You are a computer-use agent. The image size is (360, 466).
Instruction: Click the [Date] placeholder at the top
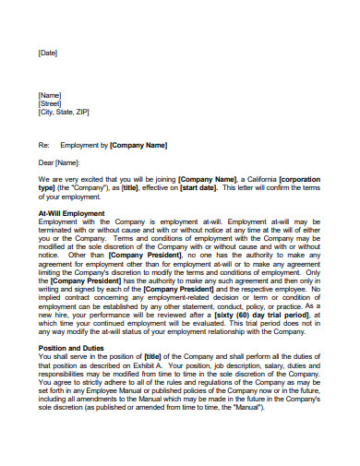tap(48, 53)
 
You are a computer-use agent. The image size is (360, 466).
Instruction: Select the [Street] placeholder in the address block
tap(51, 103)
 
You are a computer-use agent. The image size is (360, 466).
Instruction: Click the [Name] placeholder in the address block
tap(50, 95)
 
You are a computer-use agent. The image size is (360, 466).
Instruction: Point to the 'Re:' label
tap(42, 145)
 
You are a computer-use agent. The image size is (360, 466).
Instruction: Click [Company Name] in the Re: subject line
tap(138, 145)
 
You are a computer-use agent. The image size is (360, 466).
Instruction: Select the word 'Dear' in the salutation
tap(47, 162)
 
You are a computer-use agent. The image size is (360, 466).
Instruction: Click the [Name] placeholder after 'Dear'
tap(68, 162)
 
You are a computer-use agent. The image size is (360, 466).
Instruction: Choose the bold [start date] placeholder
tap(195, 187)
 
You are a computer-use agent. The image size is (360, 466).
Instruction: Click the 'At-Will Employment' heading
tap(71, 213)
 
